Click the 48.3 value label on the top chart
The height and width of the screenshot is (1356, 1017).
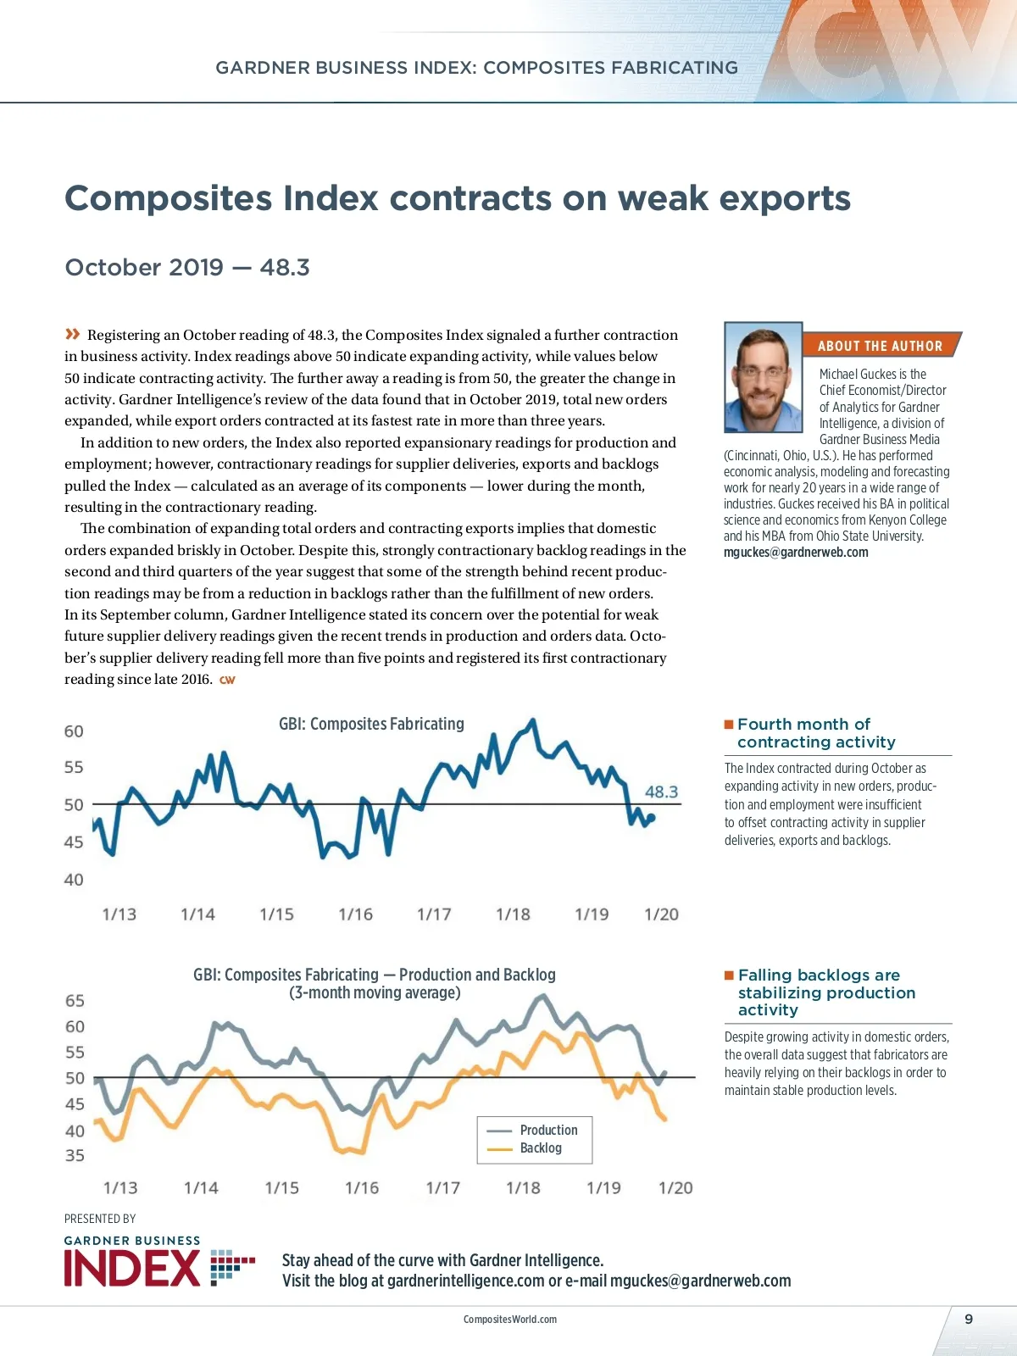[661, 792]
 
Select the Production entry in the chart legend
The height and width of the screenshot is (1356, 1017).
[548, 1130]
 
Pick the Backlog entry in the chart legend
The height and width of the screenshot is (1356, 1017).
[541, 1148]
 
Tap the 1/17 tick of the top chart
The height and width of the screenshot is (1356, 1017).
[434, 914]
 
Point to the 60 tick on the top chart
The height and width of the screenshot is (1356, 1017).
[74, 731]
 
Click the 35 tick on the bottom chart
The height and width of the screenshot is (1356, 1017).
[75, 1155]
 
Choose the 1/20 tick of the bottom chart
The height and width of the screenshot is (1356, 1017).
[675, 1188]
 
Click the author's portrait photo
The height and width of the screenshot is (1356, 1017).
[763, 377]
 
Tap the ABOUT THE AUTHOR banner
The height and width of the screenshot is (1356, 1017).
[880, 346]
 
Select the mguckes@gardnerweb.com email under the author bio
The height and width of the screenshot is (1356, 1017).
[796, 553]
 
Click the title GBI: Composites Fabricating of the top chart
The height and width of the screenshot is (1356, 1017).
[371, 724]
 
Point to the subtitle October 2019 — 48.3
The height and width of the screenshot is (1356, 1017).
[187, 268]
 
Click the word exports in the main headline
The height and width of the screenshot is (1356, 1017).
[785, 198]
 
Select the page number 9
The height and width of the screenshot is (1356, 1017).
[969, 1319]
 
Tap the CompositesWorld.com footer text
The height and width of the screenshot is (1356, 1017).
[510, 1319]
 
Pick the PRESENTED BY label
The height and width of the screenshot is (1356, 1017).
[100, 1219]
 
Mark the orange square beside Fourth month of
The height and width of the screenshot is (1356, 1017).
[729, 724]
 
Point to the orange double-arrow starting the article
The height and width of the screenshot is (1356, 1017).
[73, 334]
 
